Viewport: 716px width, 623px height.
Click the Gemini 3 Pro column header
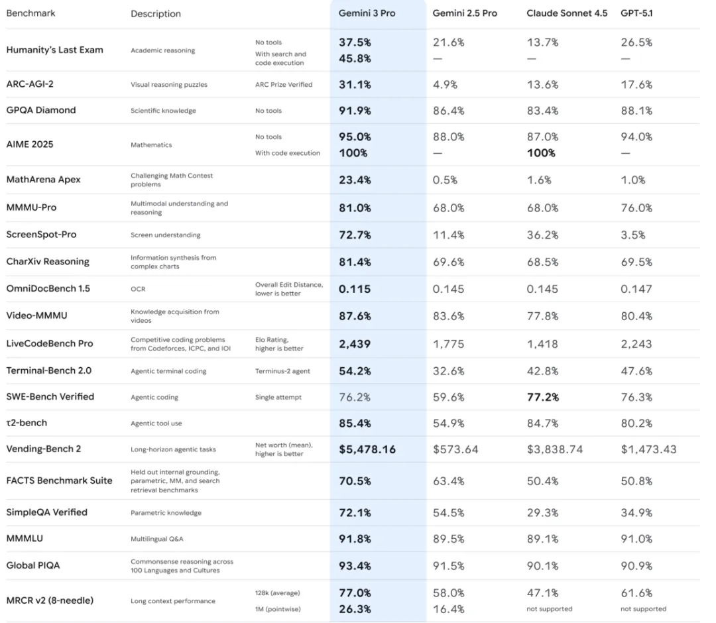(x=367, y=13)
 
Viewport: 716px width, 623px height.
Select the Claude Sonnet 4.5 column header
(x=567, y=13)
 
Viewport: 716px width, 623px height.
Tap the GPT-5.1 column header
(x=636, y=13)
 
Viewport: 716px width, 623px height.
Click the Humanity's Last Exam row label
(x=54, y=50)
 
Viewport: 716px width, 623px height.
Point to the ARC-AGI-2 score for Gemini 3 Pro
(x=355, y=85)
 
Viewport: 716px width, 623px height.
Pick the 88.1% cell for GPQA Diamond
(x=636, y=111)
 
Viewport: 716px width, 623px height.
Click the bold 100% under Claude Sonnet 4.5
(x=542, y=153)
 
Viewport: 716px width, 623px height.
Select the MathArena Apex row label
(x=43, y=180)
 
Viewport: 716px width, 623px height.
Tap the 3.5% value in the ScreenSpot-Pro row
(x=633, y=235)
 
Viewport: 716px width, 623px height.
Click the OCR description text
(x=137, y=289)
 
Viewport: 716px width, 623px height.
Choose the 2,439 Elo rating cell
(x=355, y=344)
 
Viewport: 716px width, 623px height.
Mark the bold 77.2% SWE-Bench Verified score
(x=543, y=397)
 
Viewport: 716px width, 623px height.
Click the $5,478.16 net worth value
(x=367, y=449)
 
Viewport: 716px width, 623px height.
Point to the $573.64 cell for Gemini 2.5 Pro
(x=455, y=449)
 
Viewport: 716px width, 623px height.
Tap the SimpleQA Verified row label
(x=46, y=512)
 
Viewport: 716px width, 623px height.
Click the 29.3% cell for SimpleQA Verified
(x=543, y=513)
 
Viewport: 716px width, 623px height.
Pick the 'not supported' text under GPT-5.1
(x=643, y=609)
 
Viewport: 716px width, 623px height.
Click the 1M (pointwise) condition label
(x=278, y=609)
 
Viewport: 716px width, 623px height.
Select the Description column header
(x=156, y=13)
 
